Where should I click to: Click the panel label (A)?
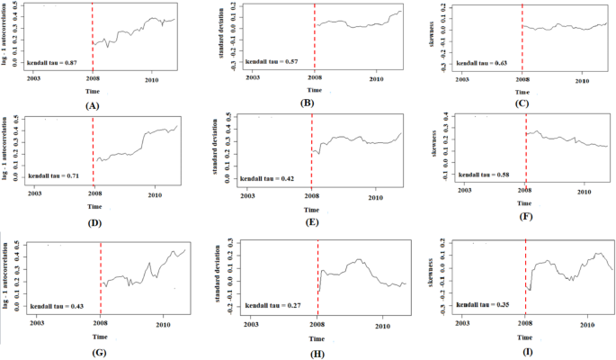90,105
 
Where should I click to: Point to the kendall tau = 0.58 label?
483,173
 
